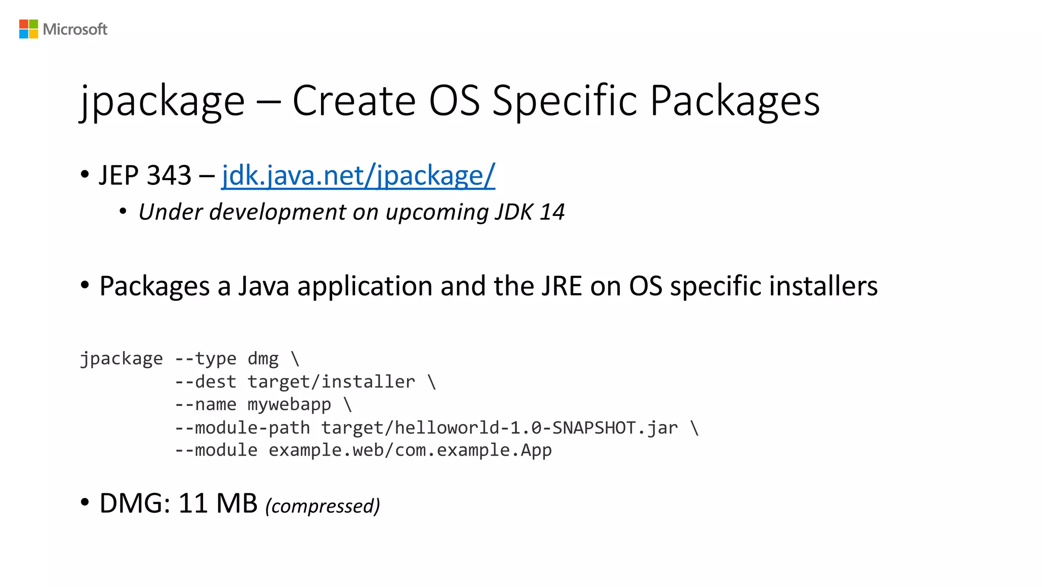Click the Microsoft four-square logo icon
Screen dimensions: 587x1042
point(28,29)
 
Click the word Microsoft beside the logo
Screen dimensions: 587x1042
point(75,30)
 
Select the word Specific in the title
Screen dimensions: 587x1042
point(565,101)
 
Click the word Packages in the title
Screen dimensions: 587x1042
point(735,101)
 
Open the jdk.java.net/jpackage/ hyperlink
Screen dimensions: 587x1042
point(358,176)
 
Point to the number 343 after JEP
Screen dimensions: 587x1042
point(169,176)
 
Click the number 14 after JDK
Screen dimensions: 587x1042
point(552,212)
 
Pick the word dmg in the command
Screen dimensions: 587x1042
point(263,359)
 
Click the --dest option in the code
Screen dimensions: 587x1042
point(206,382)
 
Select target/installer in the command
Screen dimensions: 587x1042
point(331,382)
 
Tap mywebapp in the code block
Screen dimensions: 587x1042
point(289,405)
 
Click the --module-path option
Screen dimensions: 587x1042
point(242,428)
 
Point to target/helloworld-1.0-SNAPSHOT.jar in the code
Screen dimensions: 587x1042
point(499,428)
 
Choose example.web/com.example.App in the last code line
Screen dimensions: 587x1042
point(410,451)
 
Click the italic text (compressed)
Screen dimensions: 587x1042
point(323,506)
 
